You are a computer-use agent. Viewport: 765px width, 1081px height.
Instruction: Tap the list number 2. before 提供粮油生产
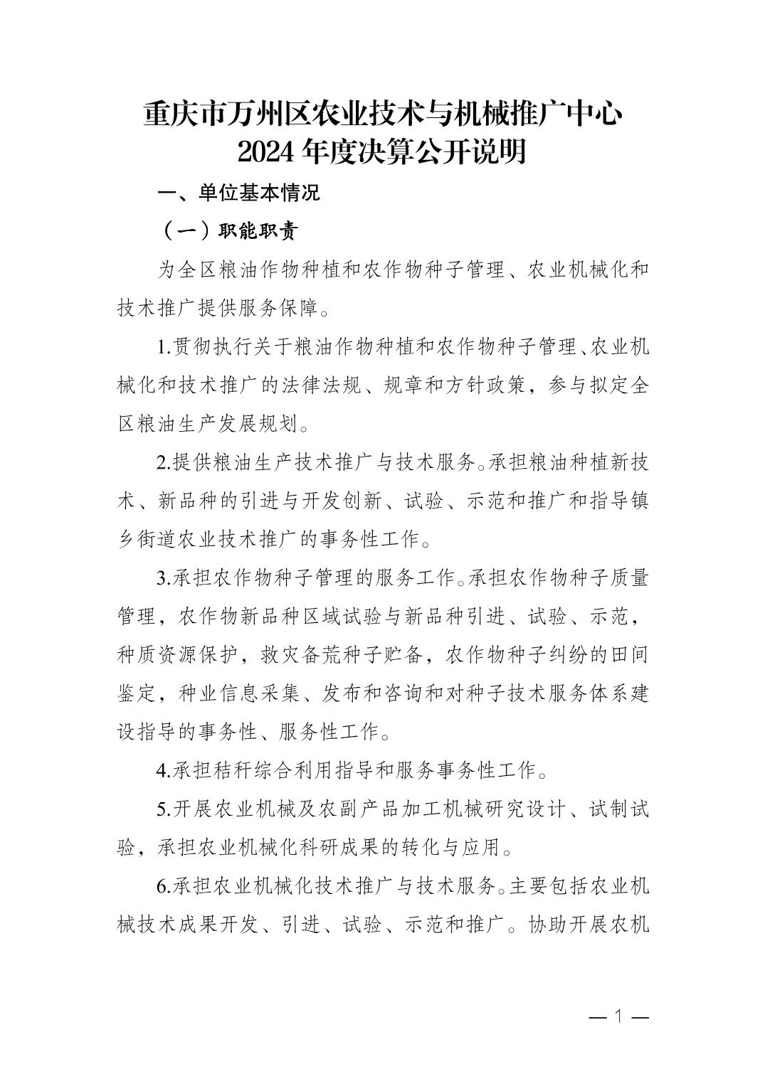coord(164,462)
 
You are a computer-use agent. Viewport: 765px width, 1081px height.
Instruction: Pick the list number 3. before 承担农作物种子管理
coord(164,577)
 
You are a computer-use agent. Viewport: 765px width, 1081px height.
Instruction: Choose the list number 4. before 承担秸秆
coord(164,770)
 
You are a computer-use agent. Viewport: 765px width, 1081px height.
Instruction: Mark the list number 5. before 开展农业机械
coord(164,809)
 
